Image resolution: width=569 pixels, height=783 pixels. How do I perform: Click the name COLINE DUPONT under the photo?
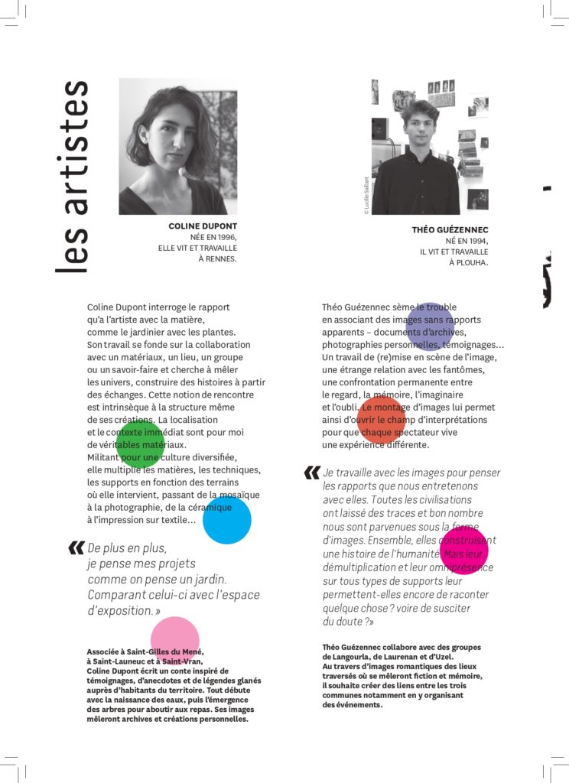203,226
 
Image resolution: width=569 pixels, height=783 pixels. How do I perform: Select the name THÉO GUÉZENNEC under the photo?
450,229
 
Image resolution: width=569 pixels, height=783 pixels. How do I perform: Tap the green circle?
140,443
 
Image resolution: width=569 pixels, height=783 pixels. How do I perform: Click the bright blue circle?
227,520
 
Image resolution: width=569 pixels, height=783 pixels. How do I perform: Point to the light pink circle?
175,640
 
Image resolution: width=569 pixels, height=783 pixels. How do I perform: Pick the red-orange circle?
381,419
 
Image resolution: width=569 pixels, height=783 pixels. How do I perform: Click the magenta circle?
463,550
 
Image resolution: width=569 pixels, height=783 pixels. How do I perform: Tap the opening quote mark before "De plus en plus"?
76,547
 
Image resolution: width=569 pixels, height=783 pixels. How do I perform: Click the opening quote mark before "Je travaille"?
311,473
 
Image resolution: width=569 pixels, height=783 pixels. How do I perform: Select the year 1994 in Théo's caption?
476,241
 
